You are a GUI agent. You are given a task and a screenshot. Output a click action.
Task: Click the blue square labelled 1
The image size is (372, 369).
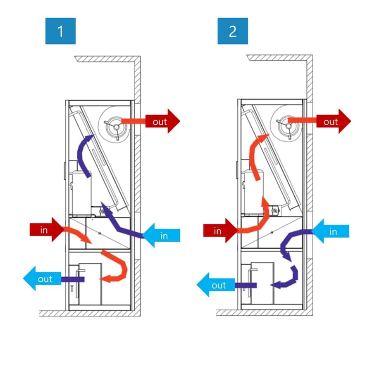click(x=60, y=31)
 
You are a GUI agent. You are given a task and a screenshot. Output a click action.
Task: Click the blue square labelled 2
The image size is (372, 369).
click(x=233, y=31)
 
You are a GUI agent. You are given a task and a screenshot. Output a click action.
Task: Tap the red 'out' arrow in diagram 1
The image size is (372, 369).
click(x=163, y=121)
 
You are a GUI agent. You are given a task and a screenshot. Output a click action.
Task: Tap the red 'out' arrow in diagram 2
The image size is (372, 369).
click(x=334, y=121)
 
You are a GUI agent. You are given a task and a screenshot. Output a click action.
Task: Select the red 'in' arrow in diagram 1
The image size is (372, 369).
click(x=47, y=230)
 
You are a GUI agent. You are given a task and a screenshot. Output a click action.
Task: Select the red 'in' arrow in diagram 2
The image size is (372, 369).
click(x=221, y=231)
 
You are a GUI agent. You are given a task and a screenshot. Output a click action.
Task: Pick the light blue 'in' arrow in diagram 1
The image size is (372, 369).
click(x=161, y=235)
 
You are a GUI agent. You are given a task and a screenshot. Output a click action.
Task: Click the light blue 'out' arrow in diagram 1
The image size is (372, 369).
click(x=42, y=279)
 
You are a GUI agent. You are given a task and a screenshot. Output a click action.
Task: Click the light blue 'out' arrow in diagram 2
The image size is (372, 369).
click(x=216, y=285)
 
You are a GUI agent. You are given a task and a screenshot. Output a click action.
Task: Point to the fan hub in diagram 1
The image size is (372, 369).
click(x=117, y=127)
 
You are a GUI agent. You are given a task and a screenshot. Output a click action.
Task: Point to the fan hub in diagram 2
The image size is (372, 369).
click(x=289, y=126)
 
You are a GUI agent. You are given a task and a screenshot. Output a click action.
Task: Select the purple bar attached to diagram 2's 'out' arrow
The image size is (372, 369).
click(x=246, y=285)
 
